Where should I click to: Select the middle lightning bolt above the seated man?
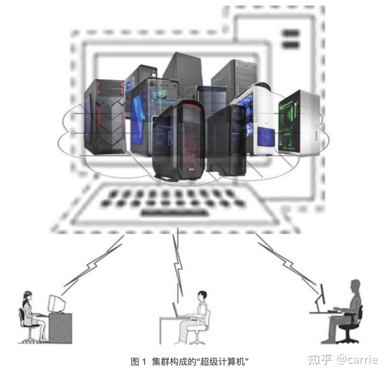coord(178,261)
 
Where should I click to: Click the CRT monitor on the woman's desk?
coord(55,304)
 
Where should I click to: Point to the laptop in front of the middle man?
coord(176,310)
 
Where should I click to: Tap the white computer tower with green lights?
coord(298,123)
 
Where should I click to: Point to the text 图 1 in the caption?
coord(138,362)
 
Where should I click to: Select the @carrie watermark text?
coord(357,360)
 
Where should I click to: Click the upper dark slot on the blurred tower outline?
coord(291,33)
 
